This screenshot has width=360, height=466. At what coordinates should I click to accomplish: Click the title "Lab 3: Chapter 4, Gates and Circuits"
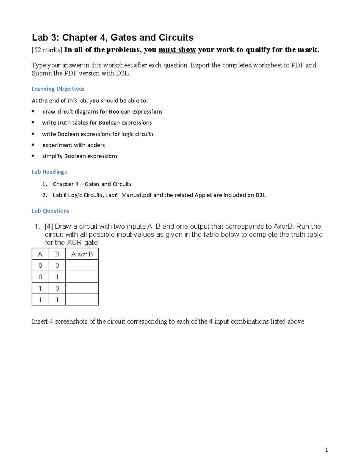[112, 38]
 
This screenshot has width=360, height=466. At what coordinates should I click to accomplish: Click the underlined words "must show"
[177, 50]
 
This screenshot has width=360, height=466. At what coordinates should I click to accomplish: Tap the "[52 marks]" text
[47, 50]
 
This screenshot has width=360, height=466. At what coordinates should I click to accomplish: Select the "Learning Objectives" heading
[58, 89]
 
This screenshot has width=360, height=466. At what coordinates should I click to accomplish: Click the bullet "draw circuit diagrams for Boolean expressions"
[102, 112]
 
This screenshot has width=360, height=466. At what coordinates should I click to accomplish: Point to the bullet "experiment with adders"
[73, 145]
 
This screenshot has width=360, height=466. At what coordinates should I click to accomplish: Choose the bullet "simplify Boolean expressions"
[80, 156]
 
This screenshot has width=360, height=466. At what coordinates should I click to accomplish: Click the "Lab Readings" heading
[49, 172]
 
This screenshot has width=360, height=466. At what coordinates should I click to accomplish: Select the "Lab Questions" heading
[50, 211]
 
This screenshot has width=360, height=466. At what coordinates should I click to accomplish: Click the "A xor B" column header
[82, 254]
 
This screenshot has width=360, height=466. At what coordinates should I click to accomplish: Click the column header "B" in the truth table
[57, 254]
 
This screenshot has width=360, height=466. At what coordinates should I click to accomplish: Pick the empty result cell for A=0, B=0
[82, 266]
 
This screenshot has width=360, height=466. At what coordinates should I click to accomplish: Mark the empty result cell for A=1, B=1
[82, 300]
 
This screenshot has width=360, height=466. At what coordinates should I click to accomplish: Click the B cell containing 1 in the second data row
[57, 277]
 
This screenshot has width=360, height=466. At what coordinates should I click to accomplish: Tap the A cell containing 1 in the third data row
[40, 288]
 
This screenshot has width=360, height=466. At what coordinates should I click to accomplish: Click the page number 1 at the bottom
[326, 450]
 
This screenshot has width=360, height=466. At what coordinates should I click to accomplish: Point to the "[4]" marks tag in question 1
[49, 227]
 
